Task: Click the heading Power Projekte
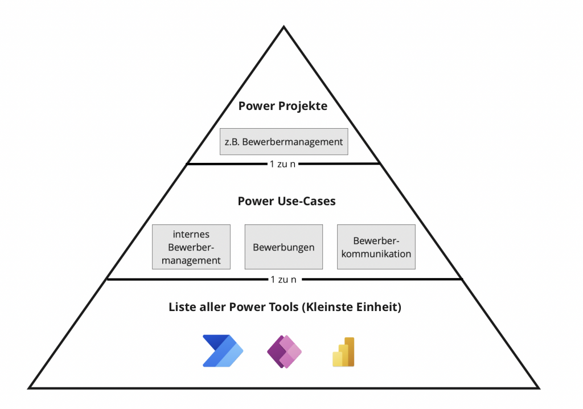click(x=283, y=106)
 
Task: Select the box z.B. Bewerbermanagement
click(x=284, y=142)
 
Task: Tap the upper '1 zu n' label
click(x=283, y=164)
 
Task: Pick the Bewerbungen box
click(x=284, y=247)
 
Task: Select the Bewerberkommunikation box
click(x=376, y=247)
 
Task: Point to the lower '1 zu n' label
click(x=283, y=280)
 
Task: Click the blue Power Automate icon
click(x=223, y=351)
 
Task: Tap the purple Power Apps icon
click(x=284, y=351)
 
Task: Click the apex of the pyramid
click(x=284, y=26)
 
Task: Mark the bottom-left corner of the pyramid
click(x=30, y=388)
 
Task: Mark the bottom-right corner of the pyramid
click(x=539, y=388)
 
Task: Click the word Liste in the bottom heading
click(x=182, y=307)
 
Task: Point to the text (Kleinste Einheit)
click(x=352, y=307)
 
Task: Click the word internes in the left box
click(x=191, y=234)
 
